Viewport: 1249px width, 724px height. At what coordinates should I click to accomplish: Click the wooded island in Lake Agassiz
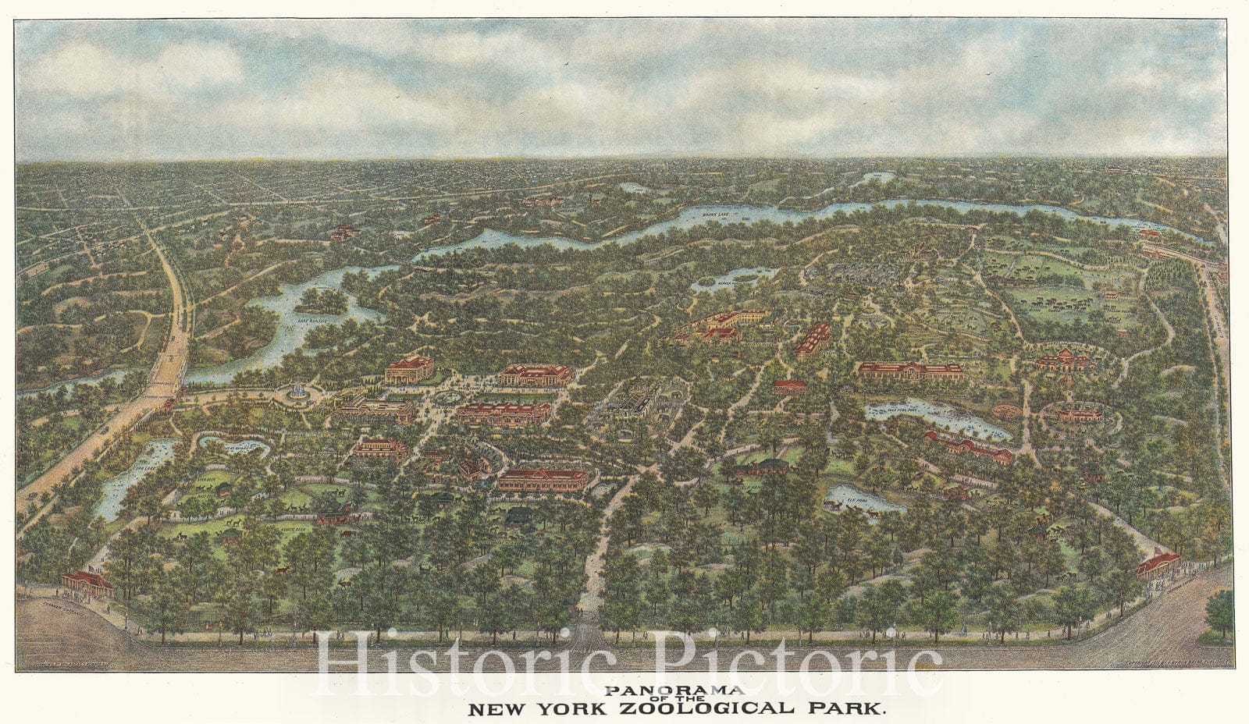(x=322, y=300)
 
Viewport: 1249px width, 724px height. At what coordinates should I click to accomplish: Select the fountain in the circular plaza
(x=297, y=392)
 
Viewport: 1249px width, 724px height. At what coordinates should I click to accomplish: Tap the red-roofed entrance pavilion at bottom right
(x=1158, y=563)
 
